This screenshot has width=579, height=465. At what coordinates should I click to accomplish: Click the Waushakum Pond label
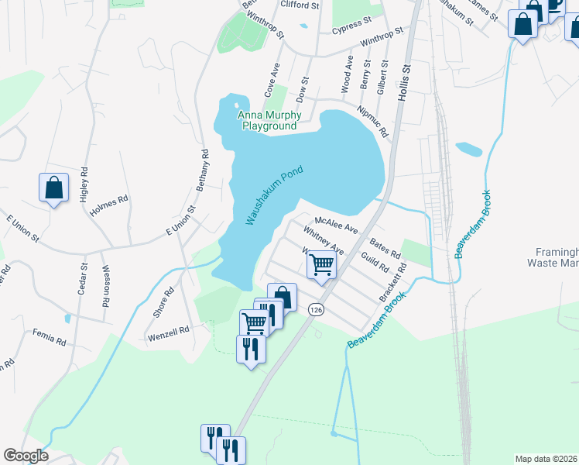pos(274,195)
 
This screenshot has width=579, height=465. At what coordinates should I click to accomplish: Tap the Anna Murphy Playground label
pos(269,121)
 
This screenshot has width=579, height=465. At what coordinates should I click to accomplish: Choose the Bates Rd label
pos(385,249)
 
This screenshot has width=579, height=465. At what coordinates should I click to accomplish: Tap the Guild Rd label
pos(375,262)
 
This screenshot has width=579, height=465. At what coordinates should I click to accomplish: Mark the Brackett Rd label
pos(392,284)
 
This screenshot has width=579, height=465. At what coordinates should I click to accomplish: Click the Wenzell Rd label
pos(169,331)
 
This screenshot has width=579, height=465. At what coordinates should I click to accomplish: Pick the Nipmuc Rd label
pos(372,121)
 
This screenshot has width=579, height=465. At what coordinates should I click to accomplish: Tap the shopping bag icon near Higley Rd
pos(53,188)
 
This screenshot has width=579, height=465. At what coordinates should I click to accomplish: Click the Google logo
pos(26,456)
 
